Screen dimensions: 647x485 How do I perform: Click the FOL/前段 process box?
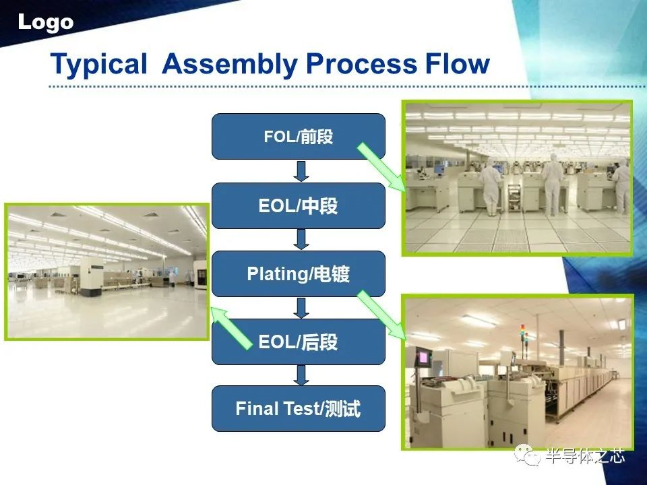pos(299,137)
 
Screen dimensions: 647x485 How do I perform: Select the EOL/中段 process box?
pos(299,205)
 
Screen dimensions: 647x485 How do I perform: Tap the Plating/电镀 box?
pos(299,273)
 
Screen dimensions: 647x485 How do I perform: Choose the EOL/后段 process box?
pos(299,342)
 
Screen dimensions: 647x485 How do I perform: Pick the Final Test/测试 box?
pos(299,409)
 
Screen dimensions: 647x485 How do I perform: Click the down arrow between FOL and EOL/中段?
pos(301,171)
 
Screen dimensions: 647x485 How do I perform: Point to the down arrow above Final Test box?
pos(301,375)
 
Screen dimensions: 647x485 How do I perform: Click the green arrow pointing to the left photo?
pos(231,329)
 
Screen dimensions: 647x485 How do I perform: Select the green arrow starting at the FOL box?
pos(381,168)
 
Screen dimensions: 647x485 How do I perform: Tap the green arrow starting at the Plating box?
pos(381,315)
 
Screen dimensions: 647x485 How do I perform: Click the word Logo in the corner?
pos(46,23)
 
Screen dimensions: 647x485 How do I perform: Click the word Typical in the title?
pos(98,64)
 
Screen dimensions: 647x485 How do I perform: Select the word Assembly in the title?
pos(230,64)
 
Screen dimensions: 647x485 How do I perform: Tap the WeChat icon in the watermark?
pos(527,455)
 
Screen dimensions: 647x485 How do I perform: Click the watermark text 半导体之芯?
pos(585,456)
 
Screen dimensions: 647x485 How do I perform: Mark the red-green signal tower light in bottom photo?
pos(524,334)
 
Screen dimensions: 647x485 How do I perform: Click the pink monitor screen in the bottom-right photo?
pos(424,358)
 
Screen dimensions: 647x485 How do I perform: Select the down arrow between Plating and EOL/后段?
pos(301,308)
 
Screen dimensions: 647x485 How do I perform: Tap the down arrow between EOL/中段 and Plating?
pos(301,239)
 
